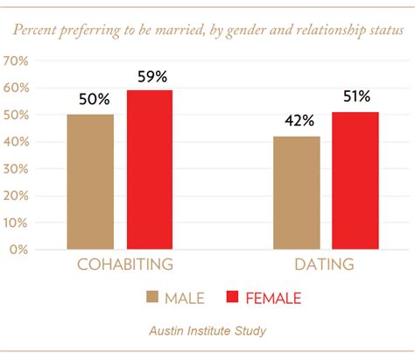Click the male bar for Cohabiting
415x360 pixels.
[90, 182]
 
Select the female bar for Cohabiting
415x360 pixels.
[150, 170]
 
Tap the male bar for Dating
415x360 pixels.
[296, 193]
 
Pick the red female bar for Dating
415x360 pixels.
[355, 180]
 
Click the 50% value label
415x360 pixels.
[91, 99]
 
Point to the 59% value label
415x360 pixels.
[151, 75]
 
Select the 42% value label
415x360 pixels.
[296, 121]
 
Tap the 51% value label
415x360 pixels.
[355, 96]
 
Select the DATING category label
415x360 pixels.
[324, 265]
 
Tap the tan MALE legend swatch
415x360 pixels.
[152, 298]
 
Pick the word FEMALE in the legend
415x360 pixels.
[273, 299]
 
